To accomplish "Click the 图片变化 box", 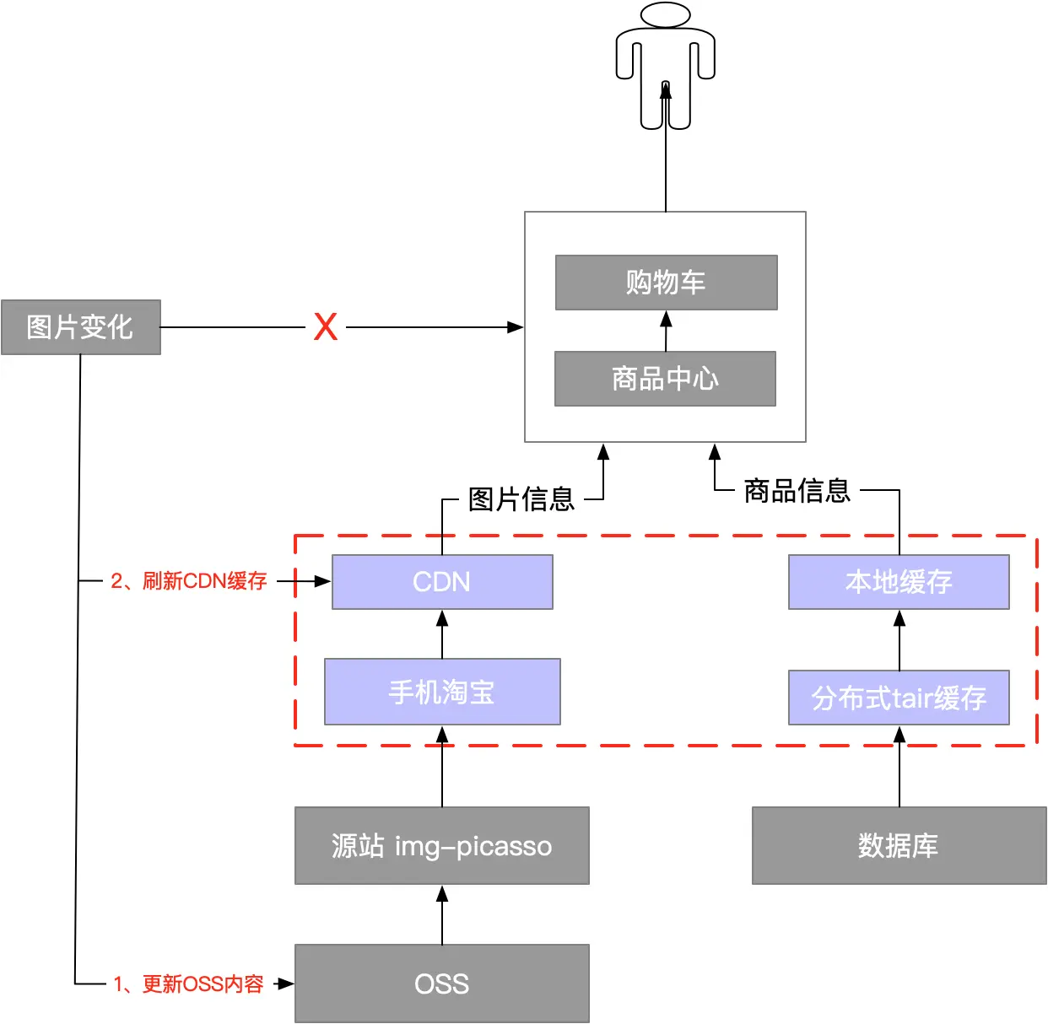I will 80,327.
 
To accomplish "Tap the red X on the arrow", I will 326,326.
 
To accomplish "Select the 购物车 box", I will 666,283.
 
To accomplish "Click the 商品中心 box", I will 665,379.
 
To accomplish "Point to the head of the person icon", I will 666,14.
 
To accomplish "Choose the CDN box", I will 442,582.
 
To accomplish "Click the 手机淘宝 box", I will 442,692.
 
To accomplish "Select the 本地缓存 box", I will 899,582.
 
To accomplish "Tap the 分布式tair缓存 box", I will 899,698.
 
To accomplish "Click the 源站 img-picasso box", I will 441,845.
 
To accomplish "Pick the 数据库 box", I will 899,845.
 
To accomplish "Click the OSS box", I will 441,984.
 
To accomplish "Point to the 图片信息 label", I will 521,499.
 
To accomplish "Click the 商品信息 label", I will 797,490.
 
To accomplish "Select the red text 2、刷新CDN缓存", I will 189,581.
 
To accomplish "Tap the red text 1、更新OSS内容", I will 188,984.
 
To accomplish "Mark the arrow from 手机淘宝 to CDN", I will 442,634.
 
